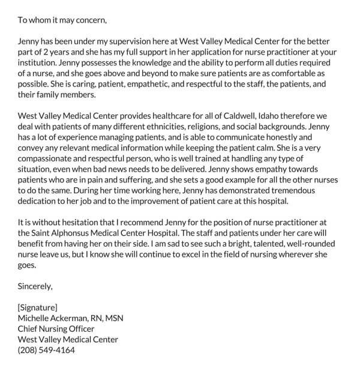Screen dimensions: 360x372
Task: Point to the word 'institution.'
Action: [40, 64]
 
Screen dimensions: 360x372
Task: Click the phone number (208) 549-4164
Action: [46, 350]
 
